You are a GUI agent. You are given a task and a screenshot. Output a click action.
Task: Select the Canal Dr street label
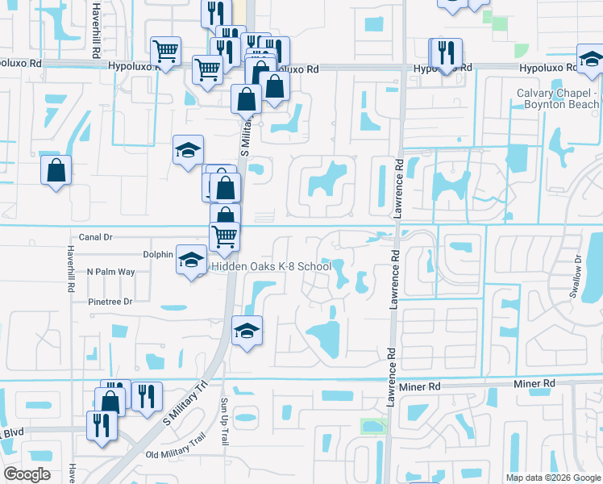pyautogui.click(x=95, y=237)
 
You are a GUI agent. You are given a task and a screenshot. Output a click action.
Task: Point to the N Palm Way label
pyautogui.click(x=110, y=272)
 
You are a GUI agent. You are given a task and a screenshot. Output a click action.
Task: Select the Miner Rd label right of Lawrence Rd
pyautogui.click(x=534, y=384)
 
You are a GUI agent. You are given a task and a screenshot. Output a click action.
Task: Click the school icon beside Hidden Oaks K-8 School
pyautogui.click(x=191, y=260)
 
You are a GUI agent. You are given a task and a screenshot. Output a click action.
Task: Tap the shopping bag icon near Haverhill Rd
pyautogui.click(x=56, y=170)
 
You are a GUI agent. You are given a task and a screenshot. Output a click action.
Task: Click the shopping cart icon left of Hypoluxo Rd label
pyautogui.click(x=166, y=52)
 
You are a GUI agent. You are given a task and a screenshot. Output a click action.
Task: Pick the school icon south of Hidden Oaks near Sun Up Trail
pyautogui.click(x=247, y=330)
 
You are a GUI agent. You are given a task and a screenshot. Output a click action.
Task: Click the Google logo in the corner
pyautogui.click(x=27, y=474)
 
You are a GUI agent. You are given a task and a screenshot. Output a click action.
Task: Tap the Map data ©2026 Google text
pyautogui.click(x=552, y=478)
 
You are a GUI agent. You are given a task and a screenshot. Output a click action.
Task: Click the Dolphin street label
pyautogui.click(x=159, y=254)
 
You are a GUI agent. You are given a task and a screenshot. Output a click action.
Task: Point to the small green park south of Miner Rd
pyautogui.click(x=372, y=425)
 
